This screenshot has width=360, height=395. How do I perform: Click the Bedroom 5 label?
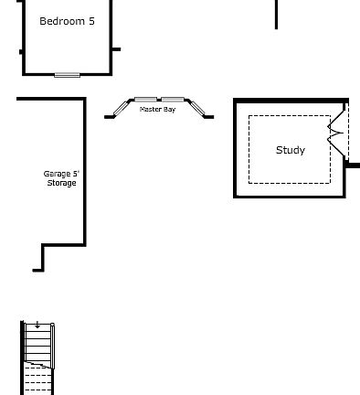click(x=67, y=21)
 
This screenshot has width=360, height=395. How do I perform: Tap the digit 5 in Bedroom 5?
click(x=91, y=21)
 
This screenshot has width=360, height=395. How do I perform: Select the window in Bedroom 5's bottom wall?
click(x=67, y=74)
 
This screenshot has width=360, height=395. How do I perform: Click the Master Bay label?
click(x=157, y=110)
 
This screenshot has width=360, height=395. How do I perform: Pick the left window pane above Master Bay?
click(x=145, y=99)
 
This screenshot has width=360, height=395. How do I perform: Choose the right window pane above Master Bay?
click(x=173, y=99)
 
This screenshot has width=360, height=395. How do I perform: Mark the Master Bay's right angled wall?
click(x=196, y=109)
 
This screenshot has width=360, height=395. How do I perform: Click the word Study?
click(x=291, y=150)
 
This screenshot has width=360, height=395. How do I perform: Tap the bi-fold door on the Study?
click(x=337, y=133)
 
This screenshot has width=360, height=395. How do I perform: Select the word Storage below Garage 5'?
click(x=62, y=183)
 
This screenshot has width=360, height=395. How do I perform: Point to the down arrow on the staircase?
click(x=37, y=326)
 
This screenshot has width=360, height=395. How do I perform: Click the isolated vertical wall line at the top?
click(x=276, y=14)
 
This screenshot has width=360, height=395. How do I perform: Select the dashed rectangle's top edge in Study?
click(x=290, y=115)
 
